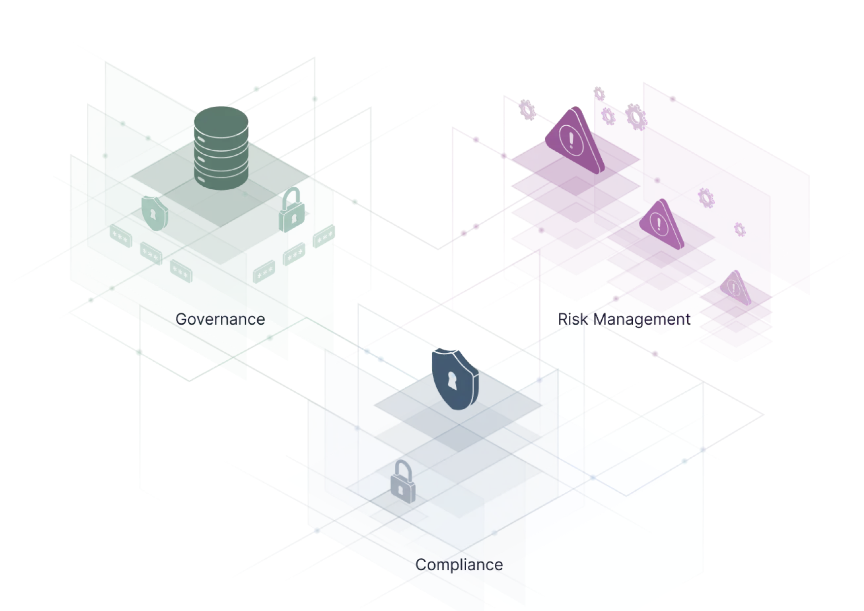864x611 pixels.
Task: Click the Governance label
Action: pos(220,319)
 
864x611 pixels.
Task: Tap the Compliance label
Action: pos(459,565)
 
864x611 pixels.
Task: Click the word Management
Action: pos(641,319)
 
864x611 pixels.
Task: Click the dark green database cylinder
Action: pos(221,148)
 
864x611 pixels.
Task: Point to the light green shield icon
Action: pos(154,213)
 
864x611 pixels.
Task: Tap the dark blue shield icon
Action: pos(454,379)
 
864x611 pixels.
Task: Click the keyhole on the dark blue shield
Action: pos(452,381)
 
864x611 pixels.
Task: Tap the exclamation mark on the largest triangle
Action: pos(571,140)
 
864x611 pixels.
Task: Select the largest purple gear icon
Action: pos(636,117)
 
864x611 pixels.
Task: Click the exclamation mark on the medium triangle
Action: pos(658,223)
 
